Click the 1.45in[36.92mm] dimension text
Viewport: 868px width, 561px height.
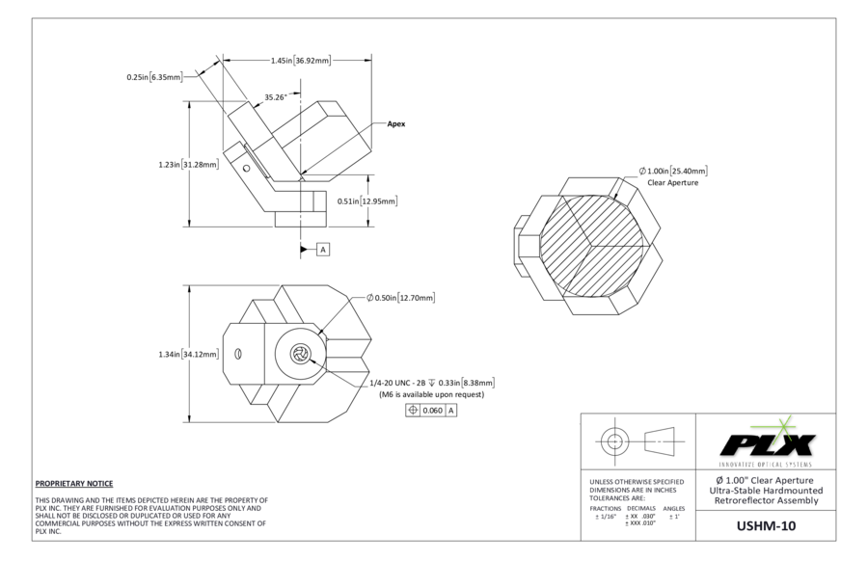point(301,61)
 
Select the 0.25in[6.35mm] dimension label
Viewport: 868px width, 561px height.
point(154,77)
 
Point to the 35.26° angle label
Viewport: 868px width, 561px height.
point(275,97)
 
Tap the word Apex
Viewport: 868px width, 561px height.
point(395,124)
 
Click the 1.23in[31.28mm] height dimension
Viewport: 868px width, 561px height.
point(188,164)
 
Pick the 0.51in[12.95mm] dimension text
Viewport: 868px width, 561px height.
point(367,200)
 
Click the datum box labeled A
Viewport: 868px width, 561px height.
point(323,250)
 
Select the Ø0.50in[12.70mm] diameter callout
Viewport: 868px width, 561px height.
point(401,298)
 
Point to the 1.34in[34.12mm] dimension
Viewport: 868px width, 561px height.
point(188,354)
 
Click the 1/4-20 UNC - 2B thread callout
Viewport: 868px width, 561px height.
point(397,383)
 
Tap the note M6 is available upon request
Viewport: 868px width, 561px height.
point(431,394)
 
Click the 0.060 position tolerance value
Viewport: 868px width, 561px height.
point(432,411)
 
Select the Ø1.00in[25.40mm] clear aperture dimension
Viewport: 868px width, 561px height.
point(673,171)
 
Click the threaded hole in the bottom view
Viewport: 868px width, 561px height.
point(300,354)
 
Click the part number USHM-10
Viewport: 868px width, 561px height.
point(766,525)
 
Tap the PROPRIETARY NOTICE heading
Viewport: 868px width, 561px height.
point(74,484)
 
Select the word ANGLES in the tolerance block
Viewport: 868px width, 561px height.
point(674,508)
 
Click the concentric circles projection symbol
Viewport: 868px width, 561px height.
point(614,441)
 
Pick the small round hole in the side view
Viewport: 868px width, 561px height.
point(246,168)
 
